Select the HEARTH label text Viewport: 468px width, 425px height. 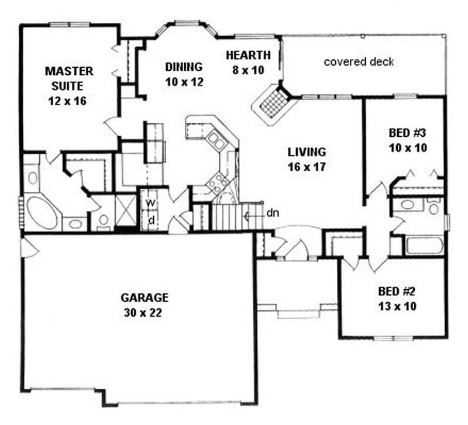(x=249, y=56)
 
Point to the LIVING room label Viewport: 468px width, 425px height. (x=307, y=152)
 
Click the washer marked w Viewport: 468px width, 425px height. (x=151, y=202)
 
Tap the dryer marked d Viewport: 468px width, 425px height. (x=151, y=220)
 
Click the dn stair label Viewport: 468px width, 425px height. (x=272, y=213)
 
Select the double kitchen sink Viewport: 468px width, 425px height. (x=215, y=140)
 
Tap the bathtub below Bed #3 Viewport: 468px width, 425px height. (x=422, y=245)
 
